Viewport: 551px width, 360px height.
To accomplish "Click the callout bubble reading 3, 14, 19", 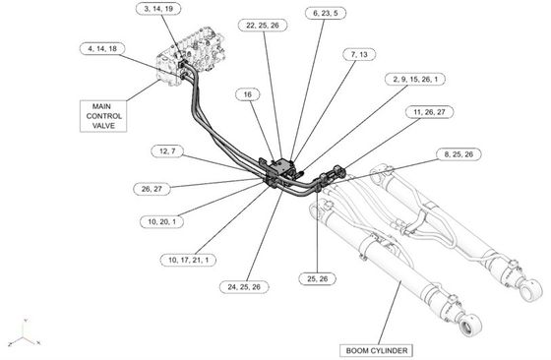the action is [x=158, y=9].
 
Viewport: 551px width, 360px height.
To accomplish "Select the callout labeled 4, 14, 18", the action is [x=102, y=48].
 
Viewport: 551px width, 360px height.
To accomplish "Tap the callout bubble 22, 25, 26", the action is [x=263, y=25].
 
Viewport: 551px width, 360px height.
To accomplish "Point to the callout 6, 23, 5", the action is [x=326, y=13].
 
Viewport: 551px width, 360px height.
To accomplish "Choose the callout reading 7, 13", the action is [x=359, y=54].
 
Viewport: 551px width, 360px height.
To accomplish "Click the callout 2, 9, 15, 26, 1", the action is [x=415, y=79].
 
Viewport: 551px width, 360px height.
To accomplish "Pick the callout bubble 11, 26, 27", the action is [x=429, y=112].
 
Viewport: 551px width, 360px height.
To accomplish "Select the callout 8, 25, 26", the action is [x=459, y=154].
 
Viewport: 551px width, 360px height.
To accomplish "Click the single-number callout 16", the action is [x=247, y=94].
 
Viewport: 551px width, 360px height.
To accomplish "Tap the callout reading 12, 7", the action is [x=167, y=151].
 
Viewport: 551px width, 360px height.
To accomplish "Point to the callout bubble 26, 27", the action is [x=152, y=189].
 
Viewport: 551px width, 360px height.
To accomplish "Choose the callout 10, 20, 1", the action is [x=161, y=221].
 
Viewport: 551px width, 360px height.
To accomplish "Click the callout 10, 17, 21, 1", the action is [x=188, y=260].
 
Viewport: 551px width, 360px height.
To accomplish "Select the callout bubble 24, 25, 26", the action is [x=244, y=287].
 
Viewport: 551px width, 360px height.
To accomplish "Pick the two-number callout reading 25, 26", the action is [x=318, y=279].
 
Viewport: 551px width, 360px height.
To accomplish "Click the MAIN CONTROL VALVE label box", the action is [x=103, y=116].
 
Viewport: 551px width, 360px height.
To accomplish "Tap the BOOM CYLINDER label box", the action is [x=376, y=350].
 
